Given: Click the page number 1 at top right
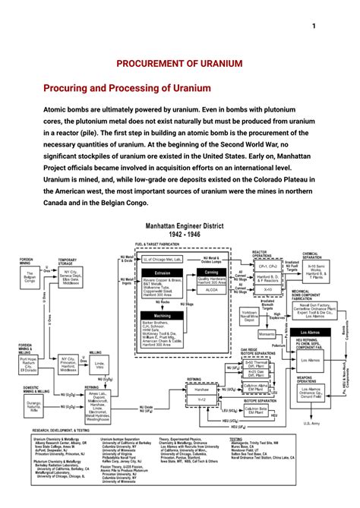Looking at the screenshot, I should click(x=314, y=27).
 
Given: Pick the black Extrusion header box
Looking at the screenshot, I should click(x=162, y=271).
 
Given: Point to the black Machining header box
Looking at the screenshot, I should click(x=162, y=314).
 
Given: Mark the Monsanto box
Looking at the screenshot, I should click(x=267, y=334).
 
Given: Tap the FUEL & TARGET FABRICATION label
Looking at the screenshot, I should click(x=156, y=245).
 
